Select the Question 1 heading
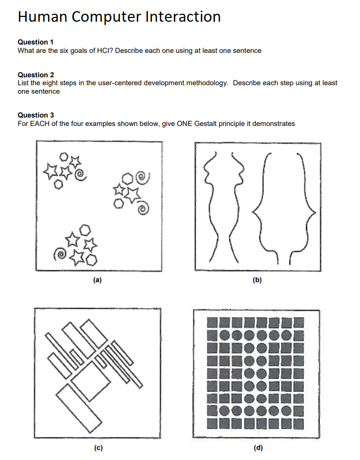coord(36,42)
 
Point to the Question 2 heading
coord(36,75)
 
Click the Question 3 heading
coord(36,115)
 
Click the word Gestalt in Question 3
coord(204,123)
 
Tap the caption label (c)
coord(98,447)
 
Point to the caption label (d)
coord(257,447)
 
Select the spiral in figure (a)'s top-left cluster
coord(79,173)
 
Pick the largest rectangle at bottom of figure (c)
coord(80,408)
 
